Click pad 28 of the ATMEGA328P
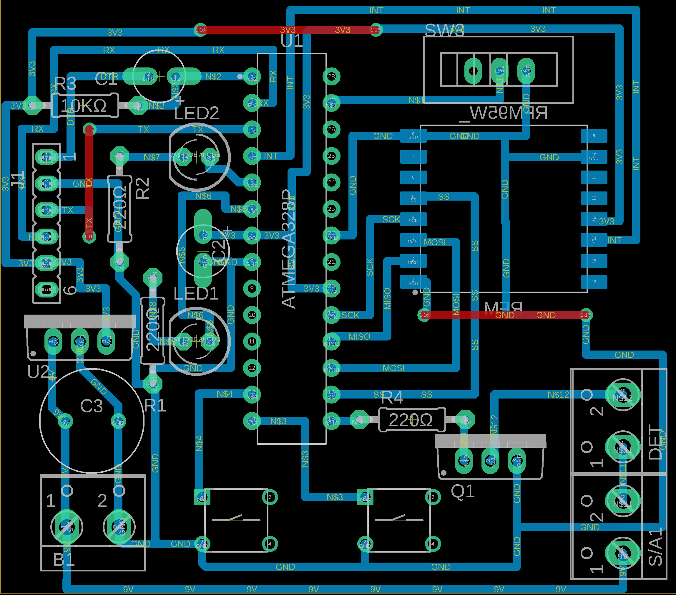331,77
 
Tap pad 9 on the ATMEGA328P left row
252,289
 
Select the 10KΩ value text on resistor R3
83,106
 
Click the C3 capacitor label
92,406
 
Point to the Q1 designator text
463,491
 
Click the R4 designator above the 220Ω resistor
392,397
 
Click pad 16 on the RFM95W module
594,282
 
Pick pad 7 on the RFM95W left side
413,156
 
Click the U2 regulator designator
38,372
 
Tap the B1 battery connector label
64,560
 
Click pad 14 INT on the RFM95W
594,240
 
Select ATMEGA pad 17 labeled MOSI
331,368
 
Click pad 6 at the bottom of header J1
46,290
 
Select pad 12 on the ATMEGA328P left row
252,368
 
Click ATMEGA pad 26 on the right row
331,129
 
